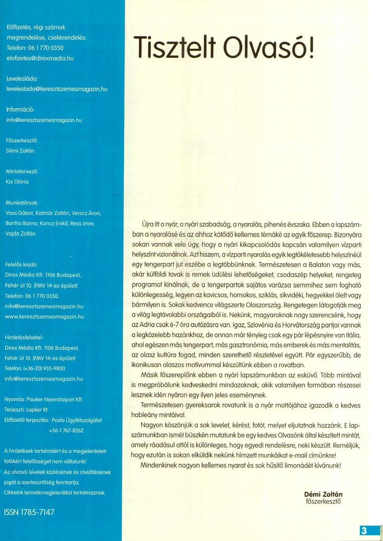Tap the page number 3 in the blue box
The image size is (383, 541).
point(364,531)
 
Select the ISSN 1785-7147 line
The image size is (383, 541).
point(29,512)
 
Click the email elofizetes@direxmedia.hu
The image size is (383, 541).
point(40,58)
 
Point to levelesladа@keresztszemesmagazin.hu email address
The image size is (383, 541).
point(57,89)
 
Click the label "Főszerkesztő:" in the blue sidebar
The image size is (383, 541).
point(22,140)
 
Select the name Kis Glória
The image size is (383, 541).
point(17,182)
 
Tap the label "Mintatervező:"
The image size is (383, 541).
point(22,171)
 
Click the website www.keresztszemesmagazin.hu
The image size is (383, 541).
point(44,317)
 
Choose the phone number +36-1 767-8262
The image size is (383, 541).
point(66,431)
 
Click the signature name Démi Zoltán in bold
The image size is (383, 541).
point(323,494)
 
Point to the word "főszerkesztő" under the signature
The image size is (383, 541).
point(323,502)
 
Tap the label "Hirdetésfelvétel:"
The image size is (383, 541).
point(24,337)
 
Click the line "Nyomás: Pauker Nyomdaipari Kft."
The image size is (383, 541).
point(44,399)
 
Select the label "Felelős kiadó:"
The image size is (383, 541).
point(21,265)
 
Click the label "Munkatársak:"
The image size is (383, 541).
point(22,203)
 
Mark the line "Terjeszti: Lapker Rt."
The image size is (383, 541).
point(26,410)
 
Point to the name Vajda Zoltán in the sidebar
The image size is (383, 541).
point(20,234)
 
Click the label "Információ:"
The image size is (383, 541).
point(20,110)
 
